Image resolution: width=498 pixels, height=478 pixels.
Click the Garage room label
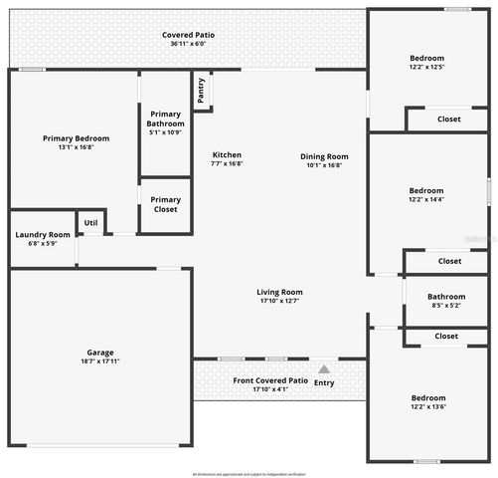tap(99, 353)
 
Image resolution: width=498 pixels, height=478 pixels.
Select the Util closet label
tap(91, 222)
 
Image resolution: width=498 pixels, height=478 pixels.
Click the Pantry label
tap(201, 90)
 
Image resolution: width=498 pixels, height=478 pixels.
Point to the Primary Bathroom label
tap(165, 119)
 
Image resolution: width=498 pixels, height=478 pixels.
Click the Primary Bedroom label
tap(76, 138)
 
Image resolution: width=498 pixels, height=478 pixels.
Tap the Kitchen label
tap(227, 154)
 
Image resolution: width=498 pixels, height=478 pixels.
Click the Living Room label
tap(279, 292)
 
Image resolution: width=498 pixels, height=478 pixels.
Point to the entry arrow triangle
tap(323, 369)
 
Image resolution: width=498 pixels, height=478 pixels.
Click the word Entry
tap(324, 382)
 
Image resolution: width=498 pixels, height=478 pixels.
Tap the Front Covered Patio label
tap(269, 380)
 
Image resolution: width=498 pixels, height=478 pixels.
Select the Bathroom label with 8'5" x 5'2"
tap(446, 296)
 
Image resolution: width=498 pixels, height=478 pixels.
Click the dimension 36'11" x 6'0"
tap(188, 44)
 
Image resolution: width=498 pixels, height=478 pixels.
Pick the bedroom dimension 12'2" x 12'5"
tap(426, 68)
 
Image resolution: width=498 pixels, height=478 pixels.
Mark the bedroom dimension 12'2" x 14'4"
tap(426, 199)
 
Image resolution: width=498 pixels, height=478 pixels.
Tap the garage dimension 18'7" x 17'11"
tap(99, 361)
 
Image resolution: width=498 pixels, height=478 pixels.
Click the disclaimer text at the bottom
tap(249, 474)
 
